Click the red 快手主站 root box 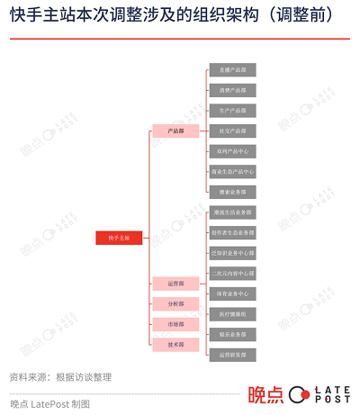[x=119, y=238]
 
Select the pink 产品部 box [x=175, y=131]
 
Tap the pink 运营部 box [x=175, y=284]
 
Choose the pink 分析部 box [x=175, y=303]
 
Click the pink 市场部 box [x=175, y=324]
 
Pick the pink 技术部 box [x=175, y=344]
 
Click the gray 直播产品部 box [x=233, y=69]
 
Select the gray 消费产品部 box [x=233, y=90]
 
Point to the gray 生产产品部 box [x=233, y=110]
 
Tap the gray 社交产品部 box [x=233, y=131]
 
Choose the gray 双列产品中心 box [x=233, y=150]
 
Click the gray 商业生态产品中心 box [x=233, y=171]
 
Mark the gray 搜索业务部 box [x=233, y=191]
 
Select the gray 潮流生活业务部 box [x=233, y=212]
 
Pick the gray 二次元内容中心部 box [x=233, y=273]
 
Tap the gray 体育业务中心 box [x=233, y=293]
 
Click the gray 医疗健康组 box [x=233, y=313]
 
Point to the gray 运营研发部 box [x=233, y=354]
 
